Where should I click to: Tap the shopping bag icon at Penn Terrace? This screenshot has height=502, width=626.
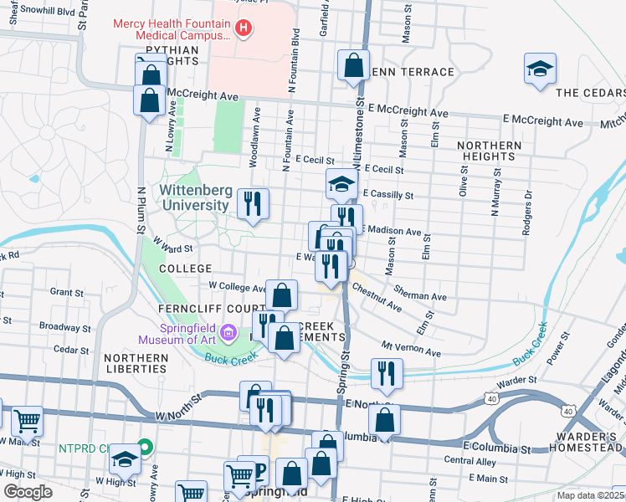(353, 65)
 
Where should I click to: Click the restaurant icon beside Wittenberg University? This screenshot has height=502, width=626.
(251, 202)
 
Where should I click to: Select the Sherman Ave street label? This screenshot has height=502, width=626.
(424, 296)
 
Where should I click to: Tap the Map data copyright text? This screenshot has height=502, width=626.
(590, 495)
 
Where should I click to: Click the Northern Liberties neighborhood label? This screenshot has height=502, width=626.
(136, 363)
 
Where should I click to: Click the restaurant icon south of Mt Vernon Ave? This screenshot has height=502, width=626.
(386, 373)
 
